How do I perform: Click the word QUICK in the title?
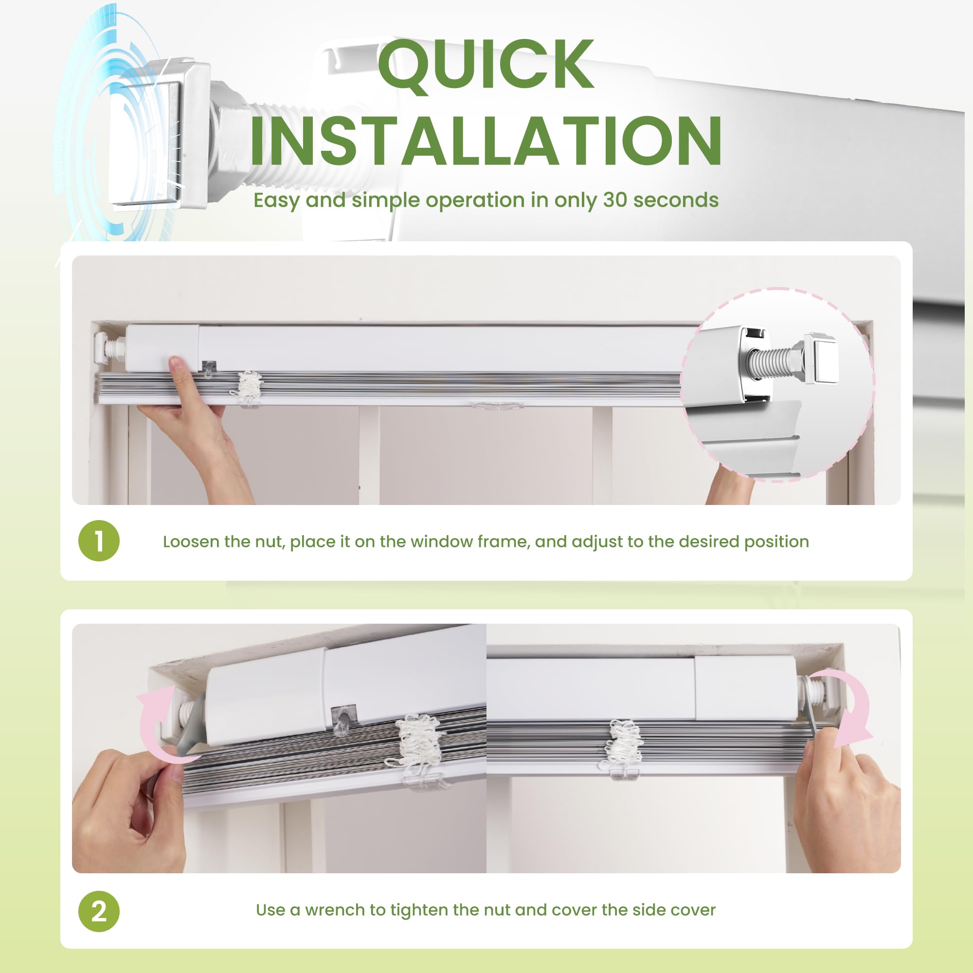[x=486, y=66]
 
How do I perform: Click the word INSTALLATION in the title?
[x=486, y=141]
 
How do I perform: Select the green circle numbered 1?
[x=99, y=541]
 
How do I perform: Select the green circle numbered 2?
[x=99, y=911]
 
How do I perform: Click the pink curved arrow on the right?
[x=851, y=705]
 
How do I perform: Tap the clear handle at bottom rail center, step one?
[x=497, y=404]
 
